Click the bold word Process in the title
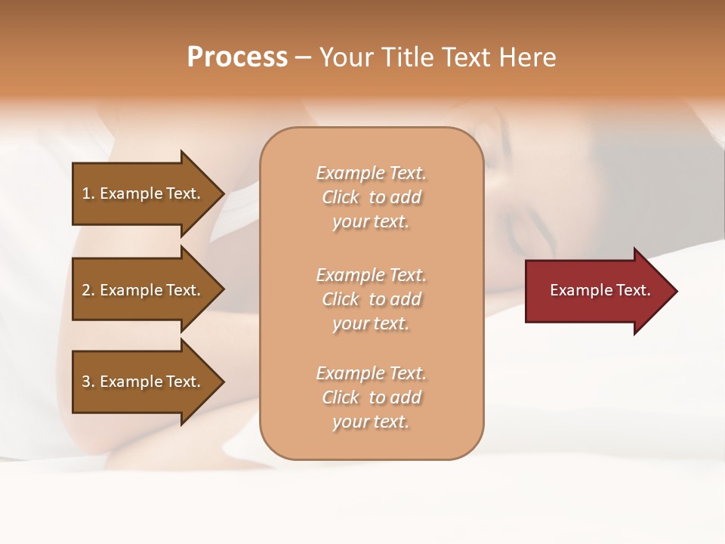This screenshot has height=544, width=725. pos(237,57)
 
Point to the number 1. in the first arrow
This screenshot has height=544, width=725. pos(88,193)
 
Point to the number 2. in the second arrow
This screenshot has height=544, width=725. pos(88,290)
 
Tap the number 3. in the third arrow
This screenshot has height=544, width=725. pos(88,382)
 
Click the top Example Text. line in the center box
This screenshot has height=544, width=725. pos(371,173)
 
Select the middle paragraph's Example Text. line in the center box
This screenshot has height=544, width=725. pos(371,275)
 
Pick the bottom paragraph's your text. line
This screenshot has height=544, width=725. pos(371,422)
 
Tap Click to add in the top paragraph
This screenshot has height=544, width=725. pos(371,197)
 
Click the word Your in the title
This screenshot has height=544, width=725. pos(345,57)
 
